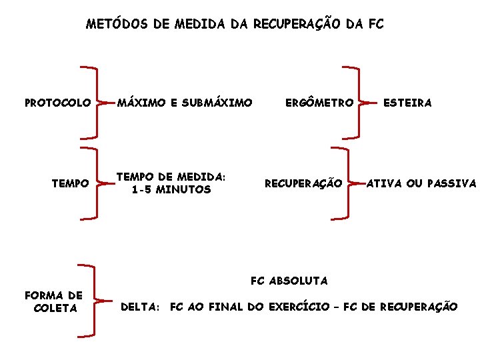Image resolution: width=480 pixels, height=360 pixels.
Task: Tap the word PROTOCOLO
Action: point(58,103)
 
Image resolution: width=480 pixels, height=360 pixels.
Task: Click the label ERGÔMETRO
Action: point(319,103)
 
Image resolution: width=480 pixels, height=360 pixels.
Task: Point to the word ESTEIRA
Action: point(407,103)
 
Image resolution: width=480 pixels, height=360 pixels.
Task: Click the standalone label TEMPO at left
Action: point(71,183)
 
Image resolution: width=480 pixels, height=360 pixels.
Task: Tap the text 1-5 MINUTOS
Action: point(171,189)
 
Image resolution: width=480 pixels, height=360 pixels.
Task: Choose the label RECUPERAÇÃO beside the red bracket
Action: point(303,183)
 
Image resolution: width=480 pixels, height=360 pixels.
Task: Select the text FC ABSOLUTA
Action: point(289,281)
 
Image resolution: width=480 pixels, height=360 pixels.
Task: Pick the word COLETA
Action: point(55,308)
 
